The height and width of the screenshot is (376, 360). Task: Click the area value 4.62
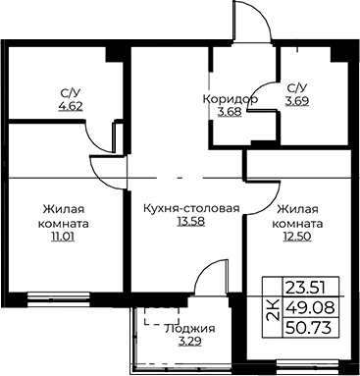tap(71, 107)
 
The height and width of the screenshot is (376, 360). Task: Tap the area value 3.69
tap(297, 101)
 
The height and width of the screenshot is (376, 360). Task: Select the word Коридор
tap(231, 99)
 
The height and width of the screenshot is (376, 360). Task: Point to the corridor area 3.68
tap(230, 112)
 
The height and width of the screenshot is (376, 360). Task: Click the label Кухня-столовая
tap(191, 208)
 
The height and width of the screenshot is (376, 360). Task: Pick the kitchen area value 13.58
tap(191, 222)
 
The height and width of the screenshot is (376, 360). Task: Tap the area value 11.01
tap(63, 237)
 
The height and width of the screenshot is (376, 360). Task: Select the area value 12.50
tap(297, 237)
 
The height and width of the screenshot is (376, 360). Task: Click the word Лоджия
tap(190, 329)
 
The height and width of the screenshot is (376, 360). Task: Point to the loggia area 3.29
tap(189, 342)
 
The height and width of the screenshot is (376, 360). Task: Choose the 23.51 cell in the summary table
tap(305, 289)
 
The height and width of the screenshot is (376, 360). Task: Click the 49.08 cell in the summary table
tap(310, 307)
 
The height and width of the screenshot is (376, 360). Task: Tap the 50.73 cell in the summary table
tap(309, 327)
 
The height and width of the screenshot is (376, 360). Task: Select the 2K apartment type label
tap(274, 309)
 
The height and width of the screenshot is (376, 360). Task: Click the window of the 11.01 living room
tap(59, 299)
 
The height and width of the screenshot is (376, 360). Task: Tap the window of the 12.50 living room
tap(307, 366)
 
